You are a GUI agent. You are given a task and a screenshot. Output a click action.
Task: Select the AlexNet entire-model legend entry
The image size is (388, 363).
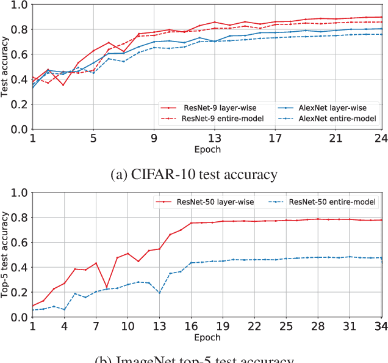(x=337, y=118)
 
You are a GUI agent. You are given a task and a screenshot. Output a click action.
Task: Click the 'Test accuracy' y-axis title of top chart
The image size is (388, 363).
(x=5, y=67)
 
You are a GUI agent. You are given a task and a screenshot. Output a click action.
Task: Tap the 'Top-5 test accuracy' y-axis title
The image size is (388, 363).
(x=5, y=254)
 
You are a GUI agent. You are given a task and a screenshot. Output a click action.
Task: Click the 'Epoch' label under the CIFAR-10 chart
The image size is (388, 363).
(x=208, y=149)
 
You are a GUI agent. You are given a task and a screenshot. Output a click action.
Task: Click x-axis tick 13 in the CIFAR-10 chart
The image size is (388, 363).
(x=214, y=139)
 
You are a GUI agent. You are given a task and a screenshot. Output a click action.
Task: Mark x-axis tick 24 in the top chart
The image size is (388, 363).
(x=381, y=139)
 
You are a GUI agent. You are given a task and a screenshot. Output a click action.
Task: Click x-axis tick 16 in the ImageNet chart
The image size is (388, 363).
(x=191, y=326)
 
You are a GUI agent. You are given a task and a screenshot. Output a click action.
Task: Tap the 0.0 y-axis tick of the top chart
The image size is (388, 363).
(x=20, y=130)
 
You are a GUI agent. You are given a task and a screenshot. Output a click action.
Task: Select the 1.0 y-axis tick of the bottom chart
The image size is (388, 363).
(x=20, y=192)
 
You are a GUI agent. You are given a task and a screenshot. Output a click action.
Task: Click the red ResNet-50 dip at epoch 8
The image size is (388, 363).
(x=107, y=287)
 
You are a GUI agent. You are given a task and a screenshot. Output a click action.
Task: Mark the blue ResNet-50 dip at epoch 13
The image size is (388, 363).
(x=159, y=292)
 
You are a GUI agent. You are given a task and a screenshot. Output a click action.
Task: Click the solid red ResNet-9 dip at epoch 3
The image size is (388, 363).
(x=63, y=85)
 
